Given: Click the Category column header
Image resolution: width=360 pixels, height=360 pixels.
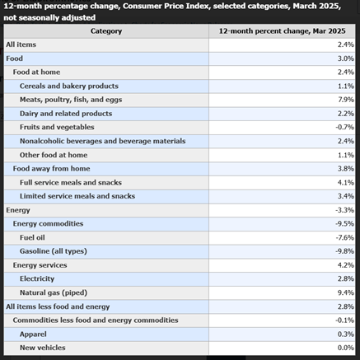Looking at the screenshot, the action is tap(106, 31).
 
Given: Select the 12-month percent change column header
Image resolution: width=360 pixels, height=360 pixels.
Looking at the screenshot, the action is tap(282, 31).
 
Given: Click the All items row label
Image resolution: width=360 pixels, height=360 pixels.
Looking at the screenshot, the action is tap(21, 44).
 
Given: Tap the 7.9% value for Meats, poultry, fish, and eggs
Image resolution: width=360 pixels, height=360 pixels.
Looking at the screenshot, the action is tap(346, 100).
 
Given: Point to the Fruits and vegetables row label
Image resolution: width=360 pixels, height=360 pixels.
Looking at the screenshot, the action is tap(57, 127).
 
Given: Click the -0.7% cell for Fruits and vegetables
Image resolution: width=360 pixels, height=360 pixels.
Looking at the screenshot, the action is tap(344, 127).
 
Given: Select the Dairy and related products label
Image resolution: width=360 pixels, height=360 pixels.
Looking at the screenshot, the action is tap(66, 114).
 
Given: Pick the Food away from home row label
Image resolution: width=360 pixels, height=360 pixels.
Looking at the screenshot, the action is tap(51, 169).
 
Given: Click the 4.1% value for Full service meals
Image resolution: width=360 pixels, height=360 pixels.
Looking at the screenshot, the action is tap(346, 182).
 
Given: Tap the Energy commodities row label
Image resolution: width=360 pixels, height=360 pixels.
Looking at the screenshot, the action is tap(48, 223).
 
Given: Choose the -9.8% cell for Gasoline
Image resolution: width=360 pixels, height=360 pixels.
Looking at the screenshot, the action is tap(344, 251).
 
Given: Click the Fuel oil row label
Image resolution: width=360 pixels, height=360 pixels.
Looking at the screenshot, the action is tap(32, 237).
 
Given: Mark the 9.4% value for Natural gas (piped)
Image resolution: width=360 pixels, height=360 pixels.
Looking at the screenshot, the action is tap(346, 292).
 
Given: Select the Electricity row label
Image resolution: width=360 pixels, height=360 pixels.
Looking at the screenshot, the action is tap(37, 278).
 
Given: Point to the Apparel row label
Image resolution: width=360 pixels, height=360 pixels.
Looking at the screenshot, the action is tap(33, 334).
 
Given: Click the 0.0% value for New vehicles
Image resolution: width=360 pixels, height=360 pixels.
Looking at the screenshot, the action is tap(346, 348).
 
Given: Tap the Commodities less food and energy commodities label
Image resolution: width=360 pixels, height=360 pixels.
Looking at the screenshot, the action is tap(96, 320).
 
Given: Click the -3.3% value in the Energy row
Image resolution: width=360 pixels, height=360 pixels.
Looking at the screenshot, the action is tap(344, 210).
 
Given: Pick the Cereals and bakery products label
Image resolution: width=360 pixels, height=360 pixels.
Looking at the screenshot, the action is tap(69, 86).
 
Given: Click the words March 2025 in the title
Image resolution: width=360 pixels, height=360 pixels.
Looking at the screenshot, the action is tap(316, 6).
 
